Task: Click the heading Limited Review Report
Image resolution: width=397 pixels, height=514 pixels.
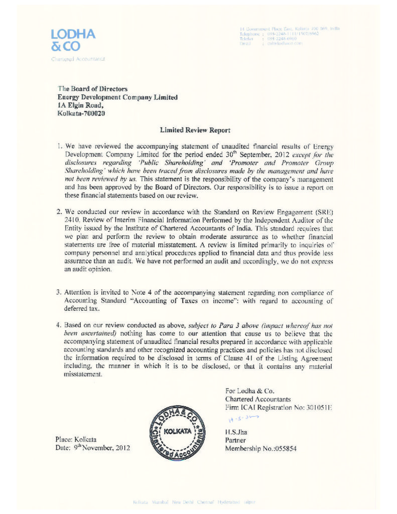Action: pos(195,130)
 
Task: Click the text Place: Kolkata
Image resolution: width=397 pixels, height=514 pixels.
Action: pos(78,439)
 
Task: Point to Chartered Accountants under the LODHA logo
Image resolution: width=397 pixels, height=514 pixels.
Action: pos(77,59)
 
